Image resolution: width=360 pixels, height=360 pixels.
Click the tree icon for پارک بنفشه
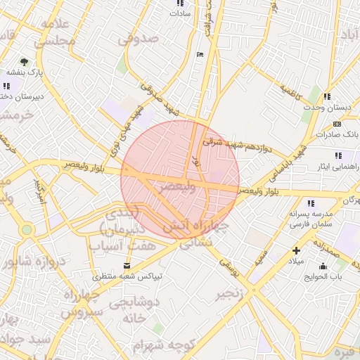25,62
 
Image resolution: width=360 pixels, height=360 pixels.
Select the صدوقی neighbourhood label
139,41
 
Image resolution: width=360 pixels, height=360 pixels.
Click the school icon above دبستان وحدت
326,96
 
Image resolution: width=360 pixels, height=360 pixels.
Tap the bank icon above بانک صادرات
337,124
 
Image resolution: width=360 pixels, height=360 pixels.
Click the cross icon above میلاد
296,250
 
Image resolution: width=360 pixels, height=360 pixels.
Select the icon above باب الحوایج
323,266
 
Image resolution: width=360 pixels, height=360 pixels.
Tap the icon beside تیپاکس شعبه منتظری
127,265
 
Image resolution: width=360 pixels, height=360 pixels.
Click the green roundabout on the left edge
26,229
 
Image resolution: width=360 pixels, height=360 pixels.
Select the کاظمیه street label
290,91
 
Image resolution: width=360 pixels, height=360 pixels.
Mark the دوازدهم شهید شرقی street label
237,145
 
